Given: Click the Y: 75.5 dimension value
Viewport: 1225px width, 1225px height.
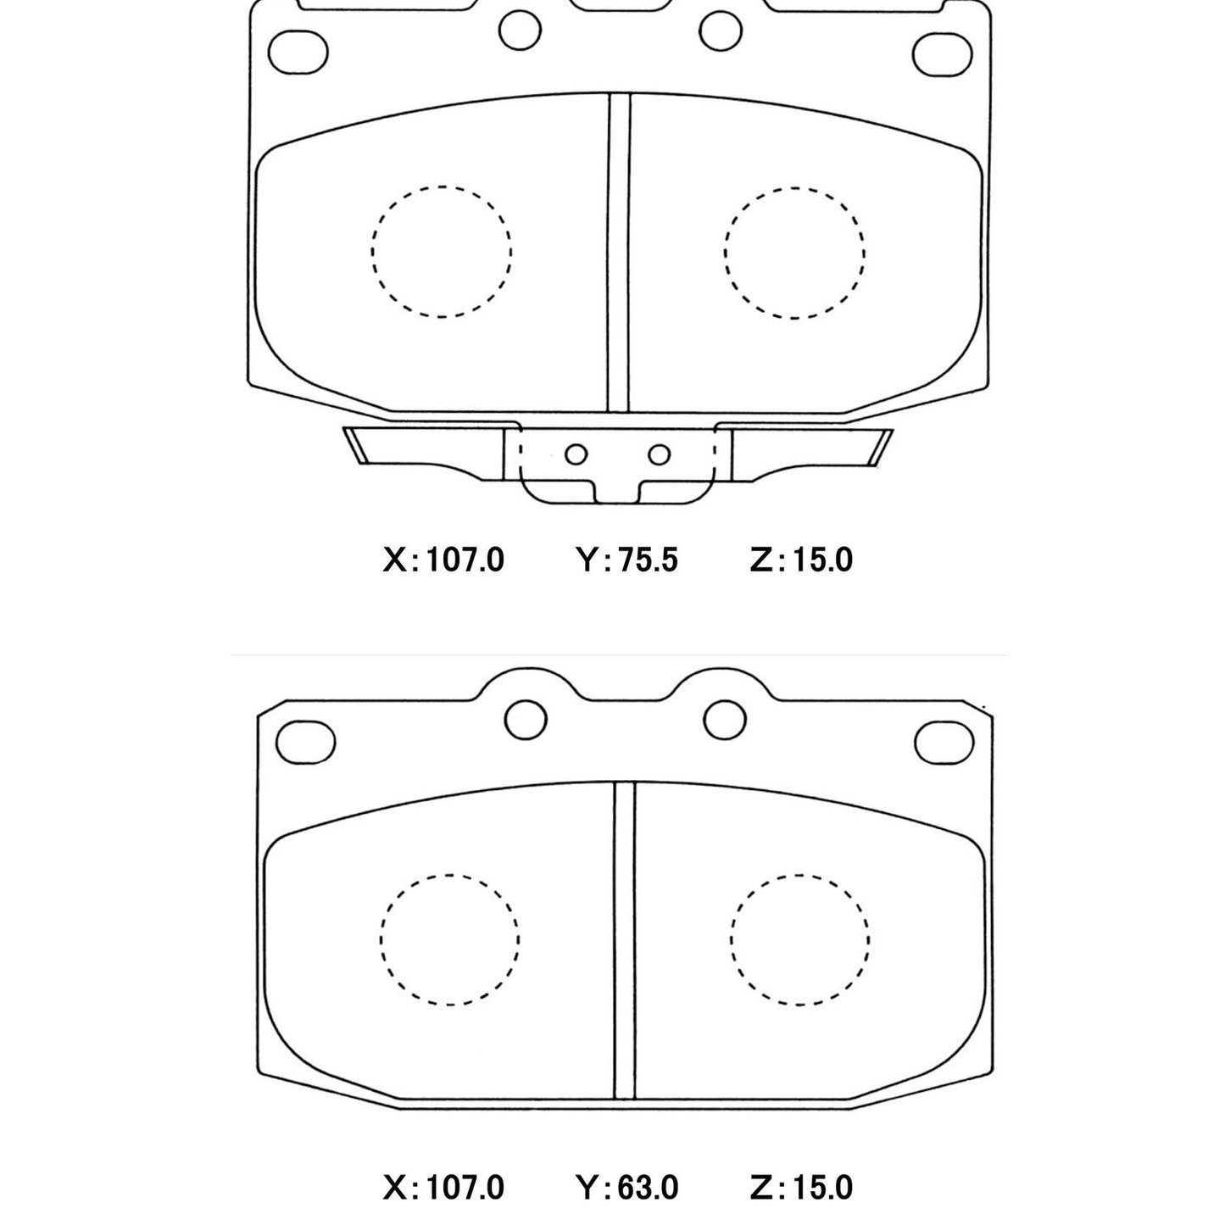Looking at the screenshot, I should [x=626, y=560].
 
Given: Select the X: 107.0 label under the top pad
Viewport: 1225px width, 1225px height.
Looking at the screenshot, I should [x=443, y=560].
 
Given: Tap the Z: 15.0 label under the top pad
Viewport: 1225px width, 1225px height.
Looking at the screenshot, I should [x=801, y=560].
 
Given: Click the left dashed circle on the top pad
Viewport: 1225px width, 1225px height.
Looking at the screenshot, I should [x=441, y=252].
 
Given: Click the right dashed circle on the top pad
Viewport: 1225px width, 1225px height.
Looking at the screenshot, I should [x=794, y=252].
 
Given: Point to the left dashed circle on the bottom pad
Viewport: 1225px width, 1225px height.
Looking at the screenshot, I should [x=450, y=939].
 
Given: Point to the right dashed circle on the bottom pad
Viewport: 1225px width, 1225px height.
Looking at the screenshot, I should [x=799, y=939].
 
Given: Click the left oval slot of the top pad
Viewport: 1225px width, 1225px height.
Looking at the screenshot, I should [x=298, y=52].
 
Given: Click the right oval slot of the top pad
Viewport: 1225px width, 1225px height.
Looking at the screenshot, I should [x=942, y=53].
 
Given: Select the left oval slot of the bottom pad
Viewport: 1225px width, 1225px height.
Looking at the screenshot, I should [x=306, y=739].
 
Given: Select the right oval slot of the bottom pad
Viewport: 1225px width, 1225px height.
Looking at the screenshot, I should [x=945, y=740].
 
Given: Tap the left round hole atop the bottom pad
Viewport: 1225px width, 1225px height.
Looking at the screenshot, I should [x=526, y=720].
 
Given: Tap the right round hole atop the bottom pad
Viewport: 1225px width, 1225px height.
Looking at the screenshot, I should [x=725, y=720].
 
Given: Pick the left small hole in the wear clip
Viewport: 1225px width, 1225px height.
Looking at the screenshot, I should [x=576, y=454].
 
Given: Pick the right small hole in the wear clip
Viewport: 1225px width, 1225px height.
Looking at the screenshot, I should [x=659, y=454].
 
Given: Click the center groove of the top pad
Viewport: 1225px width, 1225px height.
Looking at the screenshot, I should [x=619, y=254].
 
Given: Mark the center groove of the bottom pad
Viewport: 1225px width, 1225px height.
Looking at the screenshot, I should [x=625, y=941].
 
